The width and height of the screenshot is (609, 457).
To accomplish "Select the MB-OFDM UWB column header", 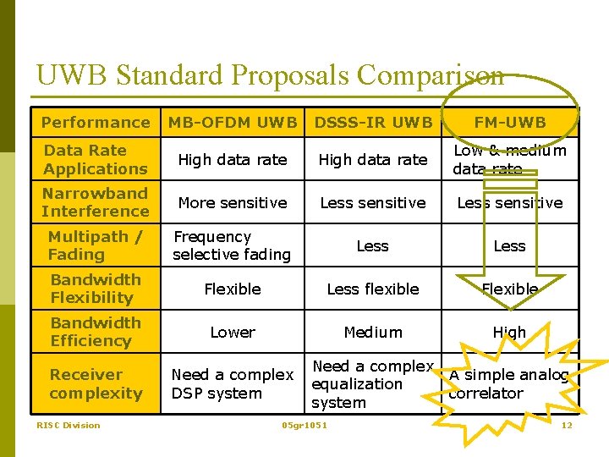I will [x=233, y=123].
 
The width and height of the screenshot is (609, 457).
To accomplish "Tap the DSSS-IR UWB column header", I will [x=373, y=123].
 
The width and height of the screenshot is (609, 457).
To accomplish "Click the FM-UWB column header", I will [x=509, y=123].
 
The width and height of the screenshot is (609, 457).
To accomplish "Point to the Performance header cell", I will [x=96, y=123].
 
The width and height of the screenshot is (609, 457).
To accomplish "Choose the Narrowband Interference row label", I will [x=95, y=202].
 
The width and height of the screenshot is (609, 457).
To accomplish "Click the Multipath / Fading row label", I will [x=95, y=245].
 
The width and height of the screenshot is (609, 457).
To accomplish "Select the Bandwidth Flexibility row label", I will [x=95, y=289].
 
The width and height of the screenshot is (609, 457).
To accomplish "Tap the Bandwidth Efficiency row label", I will [x=95, y=332].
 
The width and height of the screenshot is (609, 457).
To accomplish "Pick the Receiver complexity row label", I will [x=96, y=383].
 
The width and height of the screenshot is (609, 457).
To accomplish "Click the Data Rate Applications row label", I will [x=95, y=159].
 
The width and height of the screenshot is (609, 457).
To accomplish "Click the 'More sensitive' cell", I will [x=233, y=203].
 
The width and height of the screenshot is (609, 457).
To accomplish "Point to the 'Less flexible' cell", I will [x=373, y=289].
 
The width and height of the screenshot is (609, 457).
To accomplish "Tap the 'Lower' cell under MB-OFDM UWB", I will [x=233, y=332].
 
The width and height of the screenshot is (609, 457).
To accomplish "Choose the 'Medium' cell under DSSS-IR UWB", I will [x=373, y=332].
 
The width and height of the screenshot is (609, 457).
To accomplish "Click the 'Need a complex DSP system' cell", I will [x=232, y=383].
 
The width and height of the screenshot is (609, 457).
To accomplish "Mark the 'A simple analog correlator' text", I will [x=508, y=384].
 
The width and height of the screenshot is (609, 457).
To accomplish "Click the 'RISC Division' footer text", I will [x=68, y=425].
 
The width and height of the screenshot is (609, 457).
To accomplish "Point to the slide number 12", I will [x=567, y=425].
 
